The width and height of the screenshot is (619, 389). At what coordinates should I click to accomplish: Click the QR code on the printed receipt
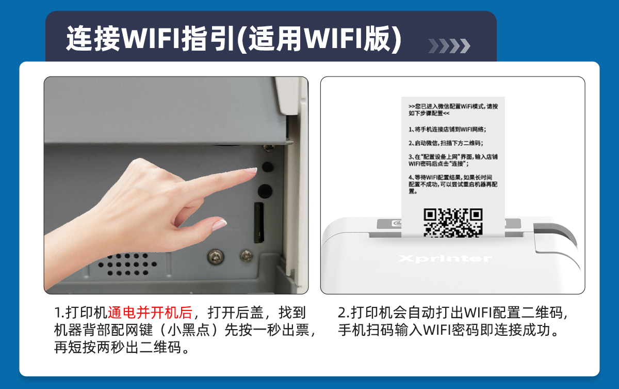point(453,223)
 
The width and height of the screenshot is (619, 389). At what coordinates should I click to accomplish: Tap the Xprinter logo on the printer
point(445,259)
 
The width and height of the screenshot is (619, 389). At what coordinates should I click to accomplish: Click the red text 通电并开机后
point(150,313)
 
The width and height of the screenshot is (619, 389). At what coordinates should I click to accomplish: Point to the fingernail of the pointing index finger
point(251,170)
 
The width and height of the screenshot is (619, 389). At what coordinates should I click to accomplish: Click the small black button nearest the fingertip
point(267,167)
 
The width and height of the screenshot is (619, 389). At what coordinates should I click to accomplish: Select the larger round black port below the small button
point(265,191)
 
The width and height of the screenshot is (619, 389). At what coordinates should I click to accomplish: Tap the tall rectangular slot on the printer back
point(259,223)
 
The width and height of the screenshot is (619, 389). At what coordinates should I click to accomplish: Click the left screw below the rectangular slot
point(216,257)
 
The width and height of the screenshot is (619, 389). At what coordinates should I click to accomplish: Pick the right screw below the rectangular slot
point(246,256)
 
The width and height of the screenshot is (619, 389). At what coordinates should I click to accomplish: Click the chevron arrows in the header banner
point(449,46)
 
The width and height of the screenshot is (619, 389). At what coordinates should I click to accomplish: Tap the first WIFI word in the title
point(151,38)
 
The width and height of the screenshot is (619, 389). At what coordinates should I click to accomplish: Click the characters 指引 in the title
point(208,38)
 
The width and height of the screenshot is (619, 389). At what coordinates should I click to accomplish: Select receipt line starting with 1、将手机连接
point(447,129)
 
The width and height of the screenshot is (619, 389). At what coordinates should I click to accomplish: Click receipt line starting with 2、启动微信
point(446,143)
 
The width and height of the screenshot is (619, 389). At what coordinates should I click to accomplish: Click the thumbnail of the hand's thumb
point(219,224)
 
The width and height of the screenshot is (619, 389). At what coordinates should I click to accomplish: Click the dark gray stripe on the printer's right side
point(556,235)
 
